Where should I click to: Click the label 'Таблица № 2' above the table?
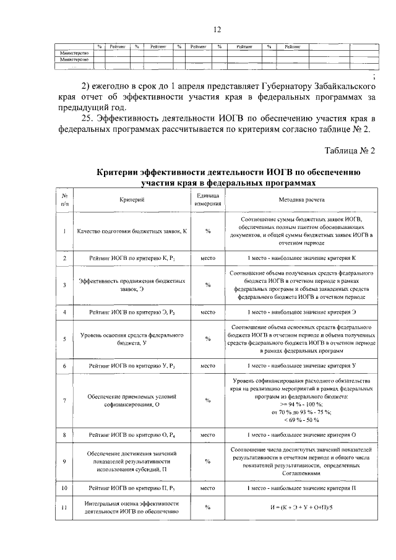click(350, 150)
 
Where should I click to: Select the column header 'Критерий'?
click(132, 200)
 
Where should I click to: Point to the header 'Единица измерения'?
click(208, 200)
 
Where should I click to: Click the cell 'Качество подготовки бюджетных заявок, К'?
click(132, 231)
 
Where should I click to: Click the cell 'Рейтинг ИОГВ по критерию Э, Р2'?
click(132, 312)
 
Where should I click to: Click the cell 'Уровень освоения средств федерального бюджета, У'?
click(132, 339)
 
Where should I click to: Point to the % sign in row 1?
click(208, 231)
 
